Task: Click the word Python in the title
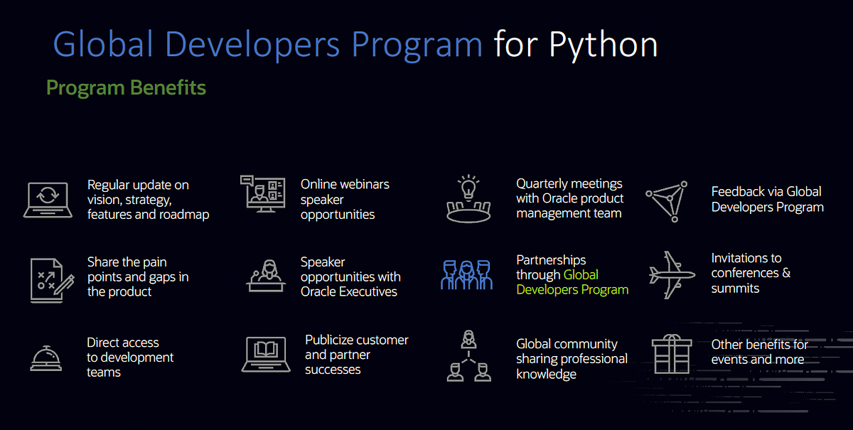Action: [x=603, y=45]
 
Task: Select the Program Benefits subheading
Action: [x=126, y=88]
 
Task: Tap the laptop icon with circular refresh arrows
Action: [x=48, y=199]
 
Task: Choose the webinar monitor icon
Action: [x=262, y=193]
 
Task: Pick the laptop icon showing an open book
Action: [x=265, y=353]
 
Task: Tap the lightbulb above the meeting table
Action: [x=468, y=188]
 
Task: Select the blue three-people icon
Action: [x=466, y=274]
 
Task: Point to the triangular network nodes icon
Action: [x=667, y=200]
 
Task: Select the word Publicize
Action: [x=338, y=340]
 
